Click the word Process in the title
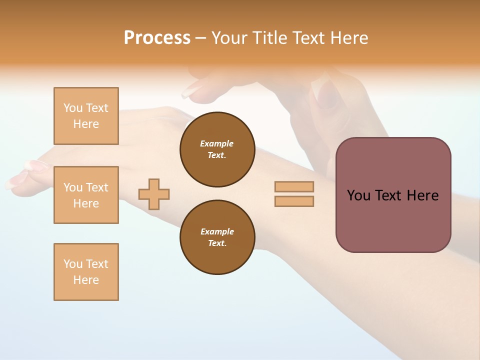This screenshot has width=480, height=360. click(157, 38)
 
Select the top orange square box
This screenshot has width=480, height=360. click(86, 116)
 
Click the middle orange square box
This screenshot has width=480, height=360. click(86, 195)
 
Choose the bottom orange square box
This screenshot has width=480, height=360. click(86, 272)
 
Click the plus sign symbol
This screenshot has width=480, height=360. click(154, 194)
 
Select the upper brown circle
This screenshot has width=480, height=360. click(217, 149)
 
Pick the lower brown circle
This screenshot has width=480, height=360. click(217, 237)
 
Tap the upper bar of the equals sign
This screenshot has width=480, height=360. click(294, 186)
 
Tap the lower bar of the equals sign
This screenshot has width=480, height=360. click(294, 201)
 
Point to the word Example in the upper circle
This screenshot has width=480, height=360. click(217, 143)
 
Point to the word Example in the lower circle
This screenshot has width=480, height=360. click(217, 231)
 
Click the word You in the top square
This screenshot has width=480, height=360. click(72, 108)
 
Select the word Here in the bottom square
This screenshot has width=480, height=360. click(86, 280)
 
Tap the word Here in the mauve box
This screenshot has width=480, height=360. click(422, 195)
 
